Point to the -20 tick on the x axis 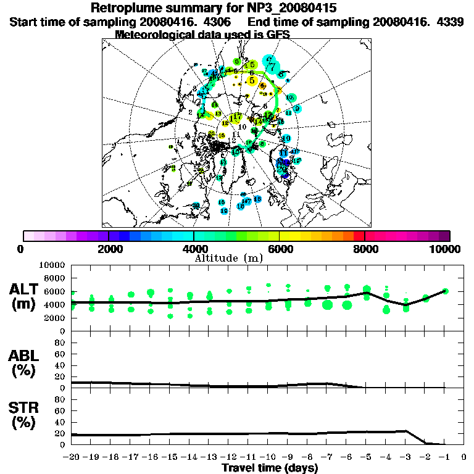coord(71,457)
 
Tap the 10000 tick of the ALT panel coord(52,265)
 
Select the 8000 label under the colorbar coord(365,249)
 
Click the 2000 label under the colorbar coord(109,249)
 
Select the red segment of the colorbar coord(359,236)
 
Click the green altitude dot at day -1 coord(446,291)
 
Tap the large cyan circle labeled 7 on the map coord(271,62)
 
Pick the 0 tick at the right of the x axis coord(464,457)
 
